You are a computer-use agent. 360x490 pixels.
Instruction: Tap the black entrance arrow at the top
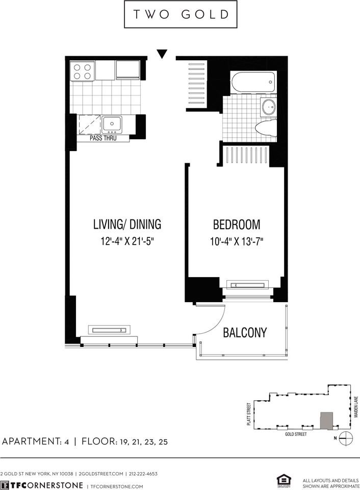(162, 53)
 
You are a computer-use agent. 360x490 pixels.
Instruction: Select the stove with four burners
(83, 70)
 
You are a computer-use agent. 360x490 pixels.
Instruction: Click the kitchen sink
(111, 124)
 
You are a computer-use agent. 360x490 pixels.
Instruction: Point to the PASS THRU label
(104, 138)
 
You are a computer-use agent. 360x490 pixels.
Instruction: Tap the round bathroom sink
(268, 107)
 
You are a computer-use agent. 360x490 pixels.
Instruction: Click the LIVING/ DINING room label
(127, 224)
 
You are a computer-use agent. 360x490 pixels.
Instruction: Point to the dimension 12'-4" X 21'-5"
(127, 240)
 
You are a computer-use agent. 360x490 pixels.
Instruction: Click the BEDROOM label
(236, 224)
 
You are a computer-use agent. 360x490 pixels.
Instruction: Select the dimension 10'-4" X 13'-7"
(236, 240)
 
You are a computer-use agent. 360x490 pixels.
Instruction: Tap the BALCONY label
(245, 333)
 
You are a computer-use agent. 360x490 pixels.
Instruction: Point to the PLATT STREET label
(248, 413)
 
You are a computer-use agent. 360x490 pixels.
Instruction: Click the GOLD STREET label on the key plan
(296, 433)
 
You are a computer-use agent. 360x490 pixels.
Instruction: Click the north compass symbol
(346, 437)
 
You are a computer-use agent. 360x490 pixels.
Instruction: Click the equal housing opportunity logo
(282, 480)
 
